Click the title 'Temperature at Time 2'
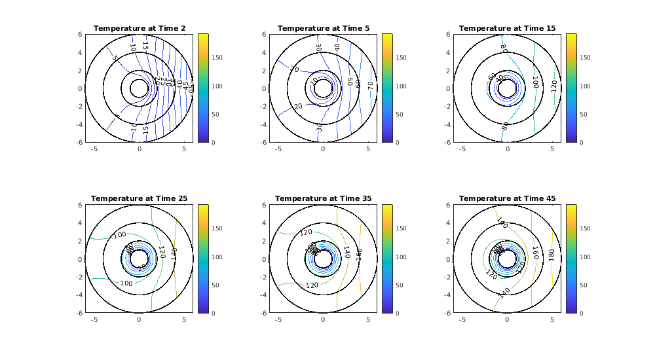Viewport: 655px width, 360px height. point(139,28)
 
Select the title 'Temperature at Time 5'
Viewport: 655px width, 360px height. point(323,28)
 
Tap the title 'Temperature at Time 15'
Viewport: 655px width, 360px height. point(507,28)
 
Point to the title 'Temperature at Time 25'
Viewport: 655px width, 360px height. point(139,198)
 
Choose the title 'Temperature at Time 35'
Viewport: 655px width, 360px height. point(323,198)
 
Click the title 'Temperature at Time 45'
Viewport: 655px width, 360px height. point(507,198)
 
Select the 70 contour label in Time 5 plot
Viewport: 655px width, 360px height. point(369,84)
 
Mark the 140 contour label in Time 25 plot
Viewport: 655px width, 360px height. point(174,253)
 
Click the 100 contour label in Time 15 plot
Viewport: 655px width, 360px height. point(534,82)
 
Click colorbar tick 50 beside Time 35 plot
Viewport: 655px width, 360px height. point(400,285)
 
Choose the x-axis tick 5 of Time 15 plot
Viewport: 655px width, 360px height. point(552,149)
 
